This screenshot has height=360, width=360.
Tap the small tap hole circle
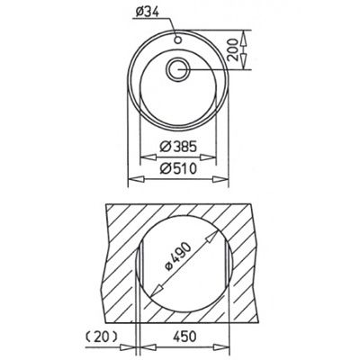click(178, 40)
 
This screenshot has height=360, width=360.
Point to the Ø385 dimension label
click(178, 147)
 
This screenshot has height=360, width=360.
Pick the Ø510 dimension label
click(178, 168)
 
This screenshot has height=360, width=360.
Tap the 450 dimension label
click(184, 337)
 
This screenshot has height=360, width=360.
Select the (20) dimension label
click(102, 337)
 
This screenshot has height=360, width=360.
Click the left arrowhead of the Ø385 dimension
click(148, 157)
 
